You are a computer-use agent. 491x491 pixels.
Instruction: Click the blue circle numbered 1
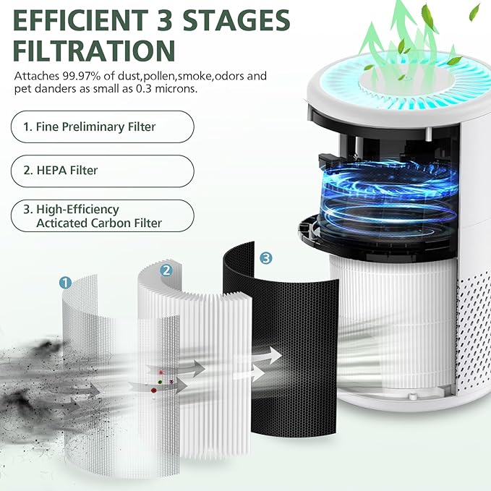click(x=65, y=283)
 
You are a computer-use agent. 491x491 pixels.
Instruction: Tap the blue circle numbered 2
click(x=166, y=270)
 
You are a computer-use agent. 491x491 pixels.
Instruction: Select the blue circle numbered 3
click(x=266, y=257)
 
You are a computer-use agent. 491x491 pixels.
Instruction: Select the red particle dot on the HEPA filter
click(x=153, y=390)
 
